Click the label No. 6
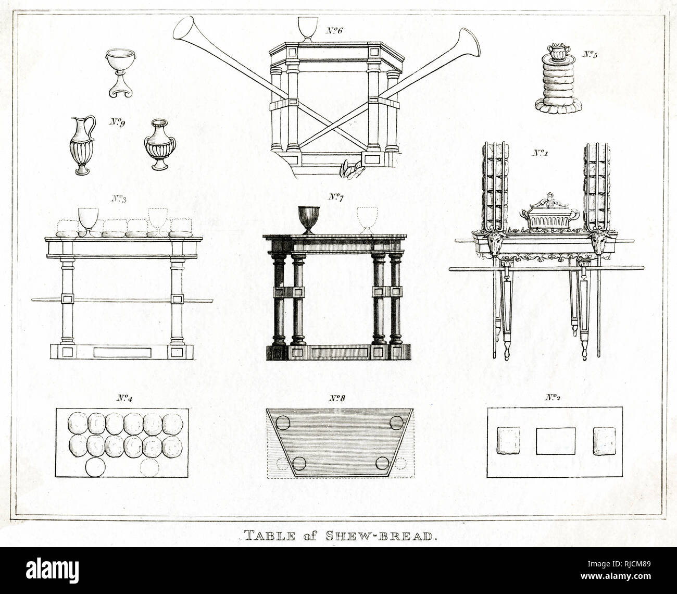pos(334,31)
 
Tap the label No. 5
pos(590,54)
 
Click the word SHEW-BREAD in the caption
pos(381,536)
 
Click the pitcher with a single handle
pos(82,145)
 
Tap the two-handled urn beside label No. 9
pos(160,144)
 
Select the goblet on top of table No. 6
pos(308,29)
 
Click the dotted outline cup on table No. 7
pos(367,220)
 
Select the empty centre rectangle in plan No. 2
pos(556,441)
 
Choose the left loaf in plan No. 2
pos(509,440)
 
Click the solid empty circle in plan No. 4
pos(95,467)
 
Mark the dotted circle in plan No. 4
pos(150,467)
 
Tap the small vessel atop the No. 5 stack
pos(559,52)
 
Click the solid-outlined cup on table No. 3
pos(88,220)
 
